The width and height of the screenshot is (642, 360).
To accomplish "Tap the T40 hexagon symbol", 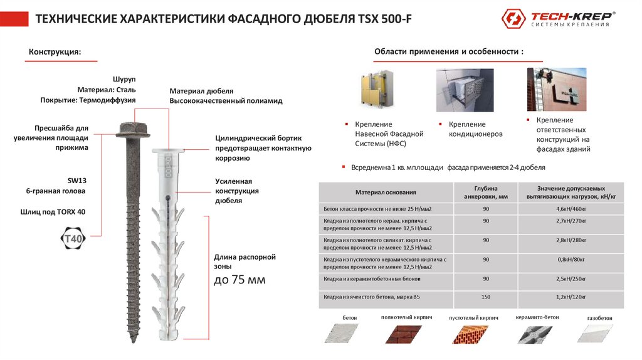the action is [73, 239].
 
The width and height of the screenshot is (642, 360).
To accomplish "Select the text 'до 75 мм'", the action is [239, 280].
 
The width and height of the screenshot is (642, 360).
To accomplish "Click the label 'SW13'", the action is [76, 180].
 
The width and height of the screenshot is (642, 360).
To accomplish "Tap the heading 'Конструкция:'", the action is [55, 51].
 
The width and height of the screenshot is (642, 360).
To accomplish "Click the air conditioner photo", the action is [465, 90].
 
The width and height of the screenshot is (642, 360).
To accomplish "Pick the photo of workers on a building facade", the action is [556, 89].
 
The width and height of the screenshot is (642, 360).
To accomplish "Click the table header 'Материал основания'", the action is [386, 193].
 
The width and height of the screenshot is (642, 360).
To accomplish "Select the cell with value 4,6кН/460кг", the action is [575, 208].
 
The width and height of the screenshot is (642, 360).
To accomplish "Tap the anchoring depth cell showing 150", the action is [486, 296].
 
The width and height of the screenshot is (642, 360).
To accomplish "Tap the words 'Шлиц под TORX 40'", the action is [53, 212].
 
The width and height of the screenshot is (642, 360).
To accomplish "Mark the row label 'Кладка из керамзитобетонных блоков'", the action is [372, 278].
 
